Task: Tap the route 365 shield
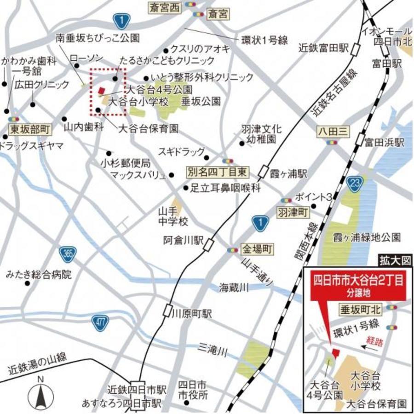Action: click(x=68, y=253)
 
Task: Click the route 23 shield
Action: click(x=354, y=183)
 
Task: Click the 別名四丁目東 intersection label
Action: click(x=218, y=172)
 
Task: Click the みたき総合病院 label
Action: click(x=39, y=275)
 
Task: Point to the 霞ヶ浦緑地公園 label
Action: click(x=366, y=237)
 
